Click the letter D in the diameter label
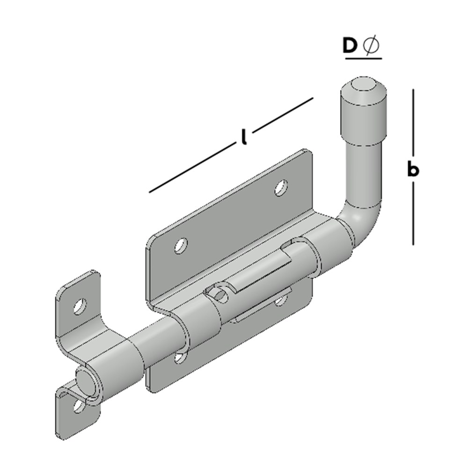[x=350, y=46]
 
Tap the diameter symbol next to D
[x=371, y=46]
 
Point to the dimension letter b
[x=413, y=169]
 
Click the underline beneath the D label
[x=364, y=58]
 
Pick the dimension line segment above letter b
[x=413, y=123]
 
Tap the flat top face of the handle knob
[x=363, y=85]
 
